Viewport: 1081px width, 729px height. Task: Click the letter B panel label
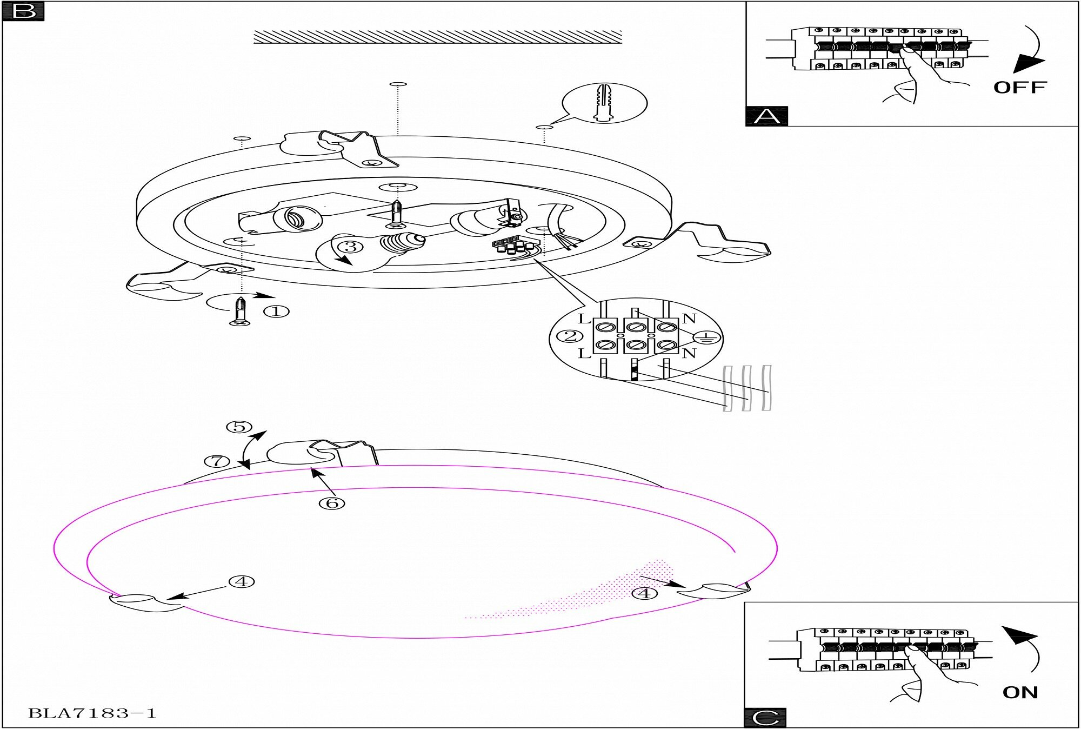[23, 11]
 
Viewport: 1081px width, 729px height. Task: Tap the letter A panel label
[766, 116]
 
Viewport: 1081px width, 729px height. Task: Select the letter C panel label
[765, 718]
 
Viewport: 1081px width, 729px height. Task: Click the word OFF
[1019, 88]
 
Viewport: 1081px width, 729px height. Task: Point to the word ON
[1020, 692]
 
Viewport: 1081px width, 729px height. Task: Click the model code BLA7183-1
[92, 713]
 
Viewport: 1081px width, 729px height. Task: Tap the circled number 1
[276, 312]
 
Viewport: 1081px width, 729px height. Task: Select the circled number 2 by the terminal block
[570, 336]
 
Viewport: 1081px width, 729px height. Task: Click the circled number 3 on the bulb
[351, 247]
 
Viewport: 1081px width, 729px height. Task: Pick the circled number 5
[239, 427]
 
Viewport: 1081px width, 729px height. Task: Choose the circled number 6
[332, 503]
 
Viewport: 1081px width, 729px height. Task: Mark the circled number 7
[217, 461]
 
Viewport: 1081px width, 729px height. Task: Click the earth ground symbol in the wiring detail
[707, 338]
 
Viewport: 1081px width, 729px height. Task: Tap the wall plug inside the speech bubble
[604, 103]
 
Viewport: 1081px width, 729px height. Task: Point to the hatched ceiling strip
[438, 37]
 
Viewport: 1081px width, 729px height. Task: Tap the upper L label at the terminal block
[584, 319]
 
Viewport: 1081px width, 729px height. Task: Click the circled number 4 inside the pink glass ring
[644, 593]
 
